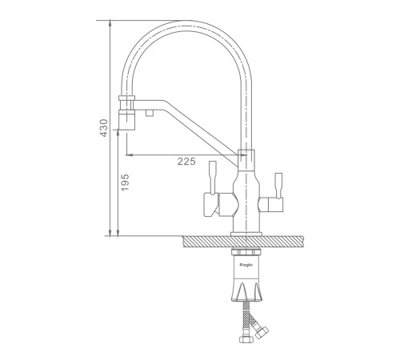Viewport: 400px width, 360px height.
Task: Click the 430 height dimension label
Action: pos(104,128)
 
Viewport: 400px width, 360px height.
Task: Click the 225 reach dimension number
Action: pos(186,161)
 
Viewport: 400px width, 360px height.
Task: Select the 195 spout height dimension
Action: pos(125,182)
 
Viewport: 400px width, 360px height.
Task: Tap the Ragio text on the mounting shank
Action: pos(246,265)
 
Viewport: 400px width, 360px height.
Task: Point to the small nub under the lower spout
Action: pos(150,113)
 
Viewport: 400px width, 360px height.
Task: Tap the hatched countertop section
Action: pos(243,242)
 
